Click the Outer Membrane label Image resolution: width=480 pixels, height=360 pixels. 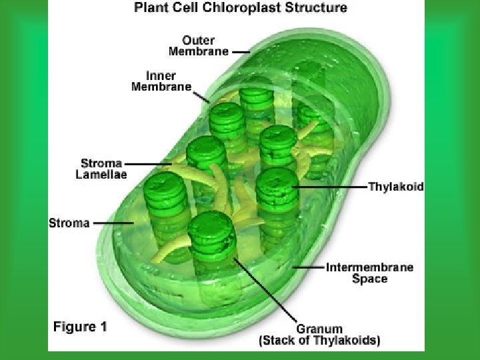click(x=199, y=45)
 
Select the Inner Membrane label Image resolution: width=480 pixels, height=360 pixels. click(x=161, y=81)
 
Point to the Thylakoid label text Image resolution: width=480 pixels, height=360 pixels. click(x=396, y=187)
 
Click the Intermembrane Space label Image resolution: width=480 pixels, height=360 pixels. click(x=369, y=273)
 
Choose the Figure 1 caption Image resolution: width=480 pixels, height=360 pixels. click(x=80, y=327)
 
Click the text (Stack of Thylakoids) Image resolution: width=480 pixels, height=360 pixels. click(x=319, y=341)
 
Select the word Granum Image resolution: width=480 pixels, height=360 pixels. click(x=319, y=329)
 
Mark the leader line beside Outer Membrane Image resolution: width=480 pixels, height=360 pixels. click(x=241, y=51)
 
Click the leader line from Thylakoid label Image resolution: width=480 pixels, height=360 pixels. click(x=329, y=187)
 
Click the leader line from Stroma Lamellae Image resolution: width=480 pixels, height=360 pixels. click(x=148, y=163)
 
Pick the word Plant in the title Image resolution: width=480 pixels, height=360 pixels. click(x=150, y=8)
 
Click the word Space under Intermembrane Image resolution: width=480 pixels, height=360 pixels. click(x=369, y=279)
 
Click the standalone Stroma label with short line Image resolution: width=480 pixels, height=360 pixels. click(x=69, y=223)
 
